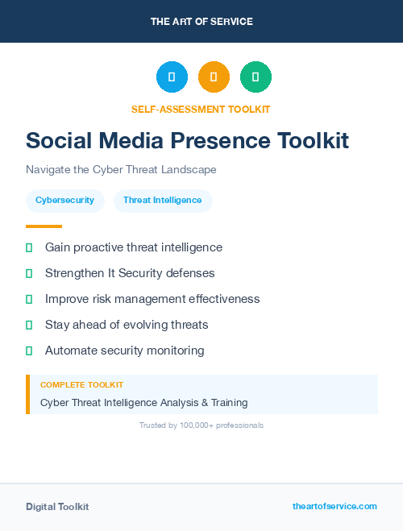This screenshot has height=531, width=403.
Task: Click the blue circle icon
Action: [x=172, y=77]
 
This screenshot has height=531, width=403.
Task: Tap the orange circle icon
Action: [x=214, y=77]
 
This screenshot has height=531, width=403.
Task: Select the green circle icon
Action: [x=256, y=77]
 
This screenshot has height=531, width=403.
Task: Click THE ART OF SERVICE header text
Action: [x=201, y=22]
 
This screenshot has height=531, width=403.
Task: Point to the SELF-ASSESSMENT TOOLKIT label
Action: [x=201, y=109]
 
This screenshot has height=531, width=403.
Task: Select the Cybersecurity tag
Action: [x=64, y=200]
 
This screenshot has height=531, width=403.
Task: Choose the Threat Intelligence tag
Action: [x=163, y=200]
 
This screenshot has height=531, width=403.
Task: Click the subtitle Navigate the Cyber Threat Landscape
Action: [x=121, y=170]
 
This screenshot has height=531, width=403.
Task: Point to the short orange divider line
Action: [x=44, y=226]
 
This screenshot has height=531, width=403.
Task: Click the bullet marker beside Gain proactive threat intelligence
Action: [x=29, y=247]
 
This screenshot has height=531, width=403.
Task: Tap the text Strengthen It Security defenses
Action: [x=130, y=273]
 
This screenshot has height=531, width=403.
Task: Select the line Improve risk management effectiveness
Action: [x=152, y=299]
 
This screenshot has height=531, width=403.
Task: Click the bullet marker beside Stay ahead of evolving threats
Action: [x=29, y=325]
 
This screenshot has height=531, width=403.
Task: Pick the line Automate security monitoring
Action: [x=124, y=351]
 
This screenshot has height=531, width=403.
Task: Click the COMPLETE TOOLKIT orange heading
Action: [x=81, y=385]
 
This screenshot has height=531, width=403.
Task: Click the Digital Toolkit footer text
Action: [x=57, y=507]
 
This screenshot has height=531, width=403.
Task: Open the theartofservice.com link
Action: [x=334, y=506]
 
